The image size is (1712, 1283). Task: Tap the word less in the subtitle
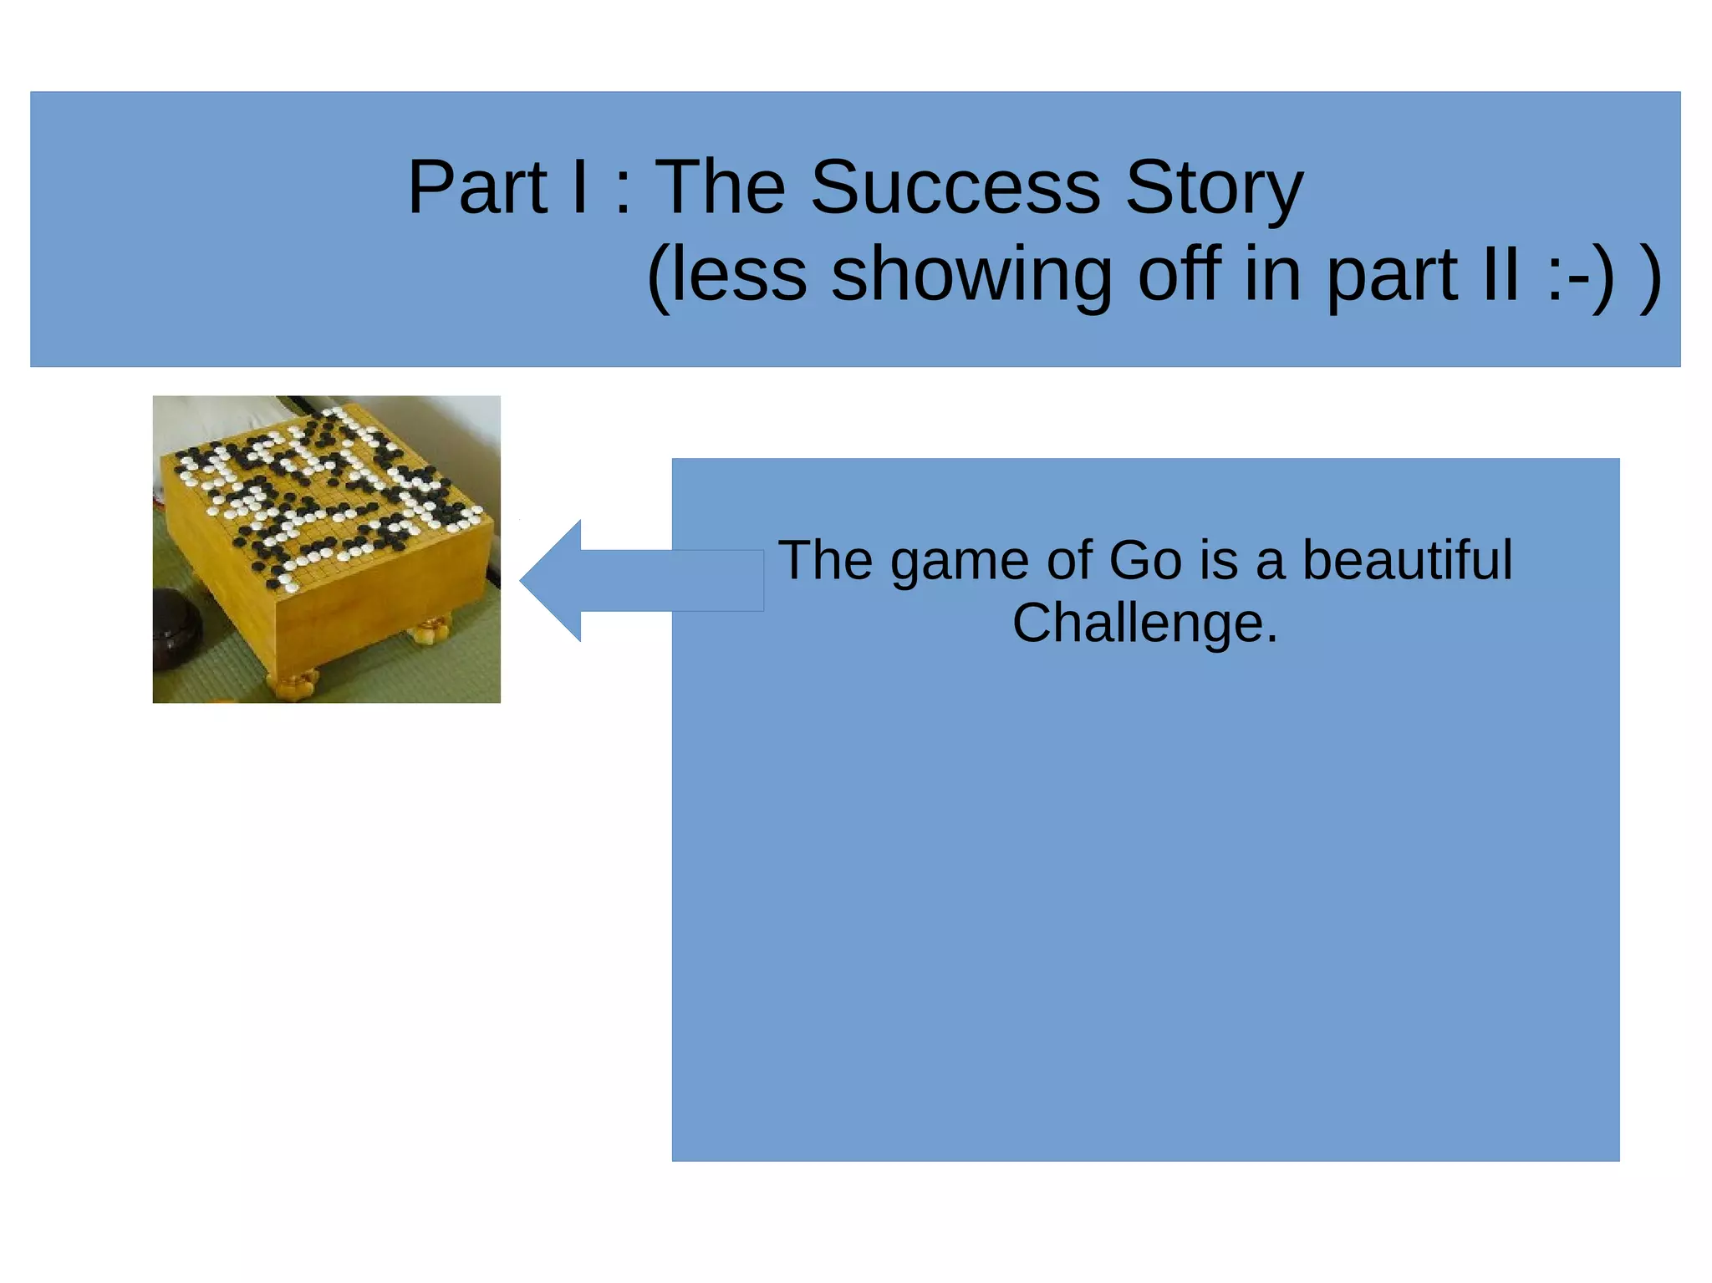pyautogui.click(x=736, y=275)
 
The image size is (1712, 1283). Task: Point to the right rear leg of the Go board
pyautogui.click(x=431, y=629)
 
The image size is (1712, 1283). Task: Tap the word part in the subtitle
pyautogui.click(x=1391, y=277)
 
